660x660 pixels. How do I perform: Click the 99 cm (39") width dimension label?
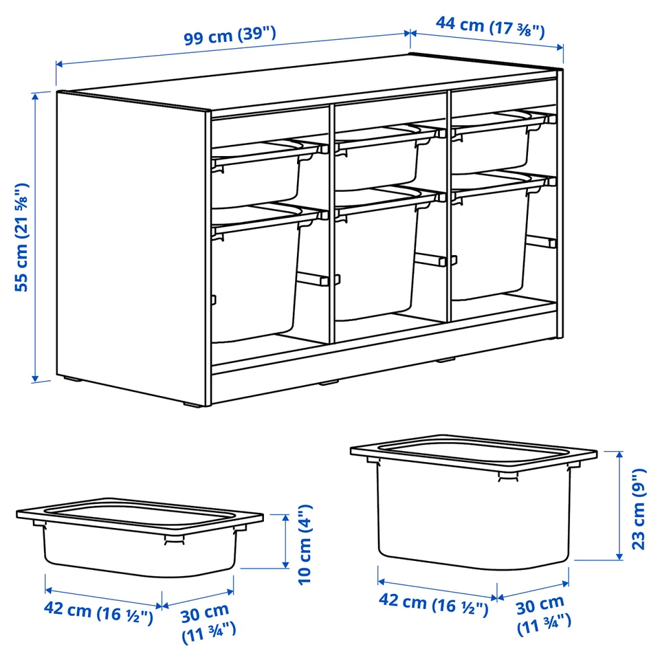click(230, 35)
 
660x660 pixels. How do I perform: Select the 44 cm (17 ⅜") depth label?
click(490, 27)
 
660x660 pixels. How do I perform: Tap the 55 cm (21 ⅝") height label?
click(21, 237)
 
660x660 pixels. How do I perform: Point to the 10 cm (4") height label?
click(305, 544)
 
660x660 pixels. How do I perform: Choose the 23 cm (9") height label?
click(639, 509)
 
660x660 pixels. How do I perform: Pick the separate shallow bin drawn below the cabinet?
click(140, 537)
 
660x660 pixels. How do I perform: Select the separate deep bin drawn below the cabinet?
click(474, 501)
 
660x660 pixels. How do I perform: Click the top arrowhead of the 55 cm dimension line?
click(35, 96)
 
